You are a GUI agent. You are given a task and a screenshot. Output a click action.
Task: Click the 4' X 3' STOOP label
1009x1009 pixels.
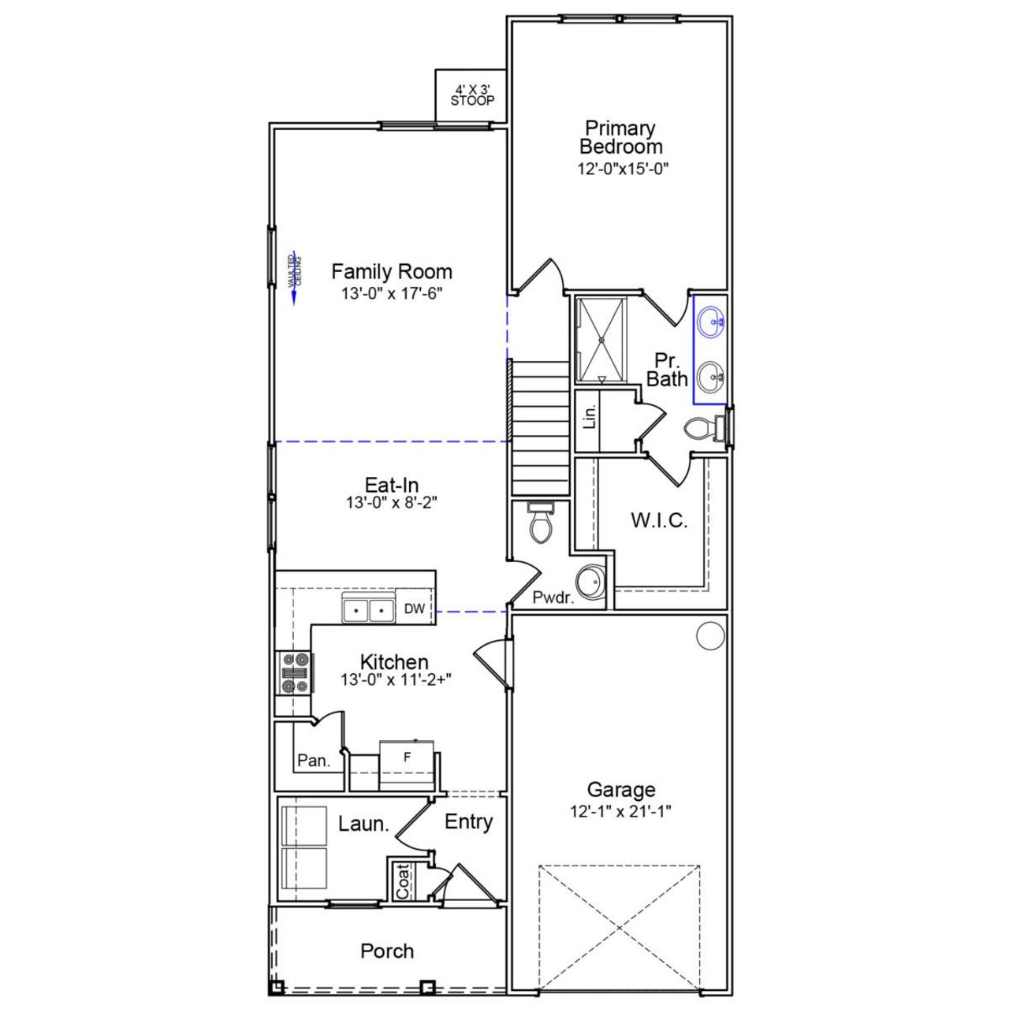point(472,95)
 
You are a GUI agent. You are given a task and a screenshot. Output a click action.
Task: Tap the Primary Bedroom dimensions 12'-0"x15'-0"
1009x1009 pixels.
point(623,168)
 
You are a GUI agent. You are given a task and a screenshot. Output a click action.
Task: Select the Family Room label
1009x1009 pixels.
point(391,272)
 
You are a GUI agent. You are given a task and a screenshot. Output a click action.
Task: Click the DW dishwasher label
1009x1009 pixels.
point(415,609)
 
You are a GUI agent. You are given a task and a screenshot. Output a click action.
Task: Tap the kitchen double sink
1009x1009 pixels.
point(368,609)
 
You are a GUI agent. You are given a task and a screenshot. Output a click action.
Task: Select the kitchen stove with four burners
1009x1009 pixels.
point(293,673)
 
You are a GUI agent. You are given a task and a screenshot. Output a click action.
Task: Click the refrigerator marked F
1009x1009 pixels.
point(407,763)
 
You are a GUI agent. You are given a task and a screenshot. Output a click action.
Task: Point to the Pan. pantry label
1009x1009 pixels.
point(313,761)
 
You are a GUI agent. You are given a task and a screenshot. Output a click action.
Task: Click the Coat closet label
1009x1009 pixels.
point(403,881)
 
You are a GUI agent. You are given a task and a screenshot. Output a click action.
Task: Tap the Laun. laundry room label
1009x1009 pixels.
point(363,825)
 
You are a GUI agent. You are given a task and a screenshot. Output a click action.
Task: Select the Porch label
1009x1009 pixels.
point(387,951)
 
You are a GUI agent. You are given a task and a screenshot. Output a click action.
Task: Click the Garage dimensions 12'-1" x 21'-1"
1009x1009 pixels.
point(621,810)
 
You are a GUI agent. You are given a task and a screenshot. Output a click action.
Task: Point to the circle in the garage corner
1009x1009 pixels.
point(710,635)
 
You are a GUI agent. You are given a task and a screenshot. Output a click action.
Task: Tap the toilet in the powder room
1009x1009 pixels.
point(542,522)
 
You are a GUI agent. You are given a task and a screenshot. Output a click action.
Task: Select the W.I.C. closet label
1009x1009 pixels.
point(659,520)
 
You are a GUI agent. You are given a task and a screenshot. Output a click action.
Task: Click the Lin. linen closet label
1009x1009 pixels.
point(590,416)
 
